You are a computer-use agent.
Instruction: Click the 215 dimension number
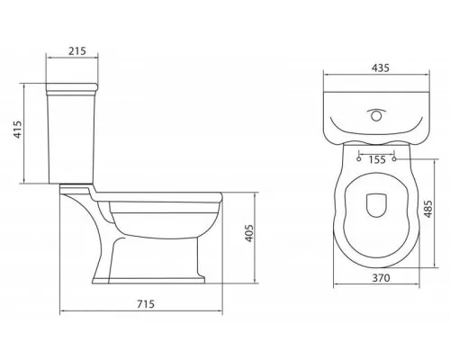tap(77, 51)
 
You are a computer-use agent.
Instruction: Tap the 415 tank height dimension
tap(18, 130)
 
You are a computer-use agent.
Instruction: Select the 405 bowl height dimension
tap(249, 233)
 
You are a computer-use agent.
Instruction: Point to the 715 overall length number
tap(146, 304)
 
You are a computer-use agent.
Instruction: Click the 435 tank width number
tap(381, 68)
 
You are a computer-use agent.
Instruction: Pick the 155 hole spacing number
tap(377, 160)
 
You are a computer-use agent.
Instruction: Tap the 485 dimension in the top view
tap(427, 209)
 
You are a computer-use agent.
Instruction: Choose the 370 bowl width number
tap(381, 278)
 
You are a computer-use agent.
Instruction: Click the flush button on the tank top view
tap(376, 116)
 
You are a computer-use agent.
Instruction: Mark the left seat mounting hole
tap(359, 159)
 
